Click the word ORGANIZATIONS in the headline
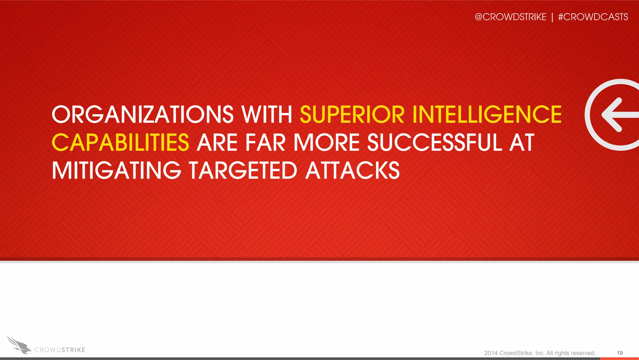(143, 114)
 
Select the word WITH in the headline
(267, 114)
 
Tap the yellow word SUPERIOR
(352, 114)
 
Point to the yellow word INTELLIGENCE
(487, 114)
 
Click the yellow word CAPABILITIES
(120, 142)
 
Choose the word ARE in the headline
(217, 142)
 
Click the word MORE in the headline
(327, 142)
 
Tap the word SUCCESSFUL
(435, 142)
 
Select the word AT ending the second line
(522, 142)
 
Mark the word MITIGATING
(116, 170)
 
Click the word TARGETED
(243, 170)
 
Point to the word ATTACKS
(352, 170)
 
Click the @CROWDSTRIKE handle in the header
(510, 17)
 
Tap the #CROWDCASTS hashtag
(593, 17)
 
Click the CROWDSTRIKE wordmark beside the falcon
(60, 350)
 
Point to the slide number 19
(620, 353)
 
